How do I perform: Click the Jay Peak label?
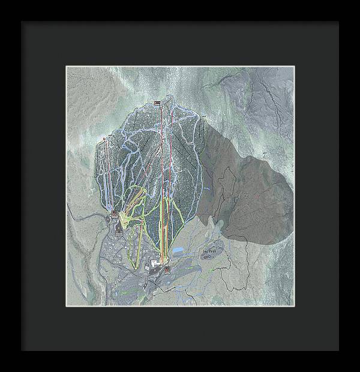click(207, 245)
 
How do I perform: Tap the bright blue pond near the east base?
click(179, 249)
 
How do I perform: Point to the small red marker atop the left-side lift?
click(104, 139)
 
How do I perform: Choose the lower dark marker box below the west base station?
click(119, 230)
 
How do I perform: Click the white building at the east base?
click(155, 263)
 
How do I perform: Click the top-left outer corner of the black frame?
click(22, 22)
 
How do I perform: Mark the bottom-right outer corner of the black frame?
click(338, 350)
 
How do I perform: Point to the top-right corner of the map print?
click(295, 67)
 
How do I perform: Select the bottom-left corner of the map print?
click(66, 305)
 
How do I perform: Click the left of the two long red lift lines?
click(161, 180)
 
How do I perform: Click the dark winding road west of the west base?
click(84, 216)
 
